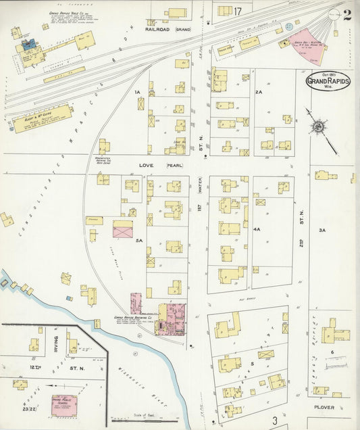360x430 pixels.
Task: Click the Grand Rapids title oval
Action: [328, 81]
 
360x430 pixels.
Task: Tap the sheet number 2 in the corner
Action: [346, 16]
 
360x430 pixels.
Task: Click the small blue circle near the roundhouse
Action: [289, 26]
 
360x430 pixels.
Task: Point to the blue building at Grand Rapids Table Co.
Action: [28, 45]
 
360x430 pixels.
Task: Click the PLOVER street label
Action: [324, 408]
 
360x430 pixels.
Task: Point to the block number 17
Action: [238, 11]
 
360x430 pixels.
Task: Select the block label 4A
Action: [257, 230]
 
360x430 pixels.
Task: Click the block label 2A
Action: [258, 91]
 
